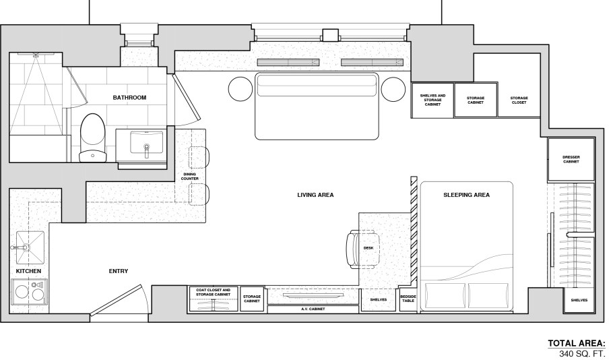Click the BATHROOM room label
click(129, 98)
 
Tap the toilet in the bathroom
click(93, 138)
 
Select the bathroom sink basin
click(147, 142)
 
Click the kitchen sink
click(30, 247)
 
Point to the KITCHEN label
click(28, 271)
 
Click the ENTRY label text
click(119, 271)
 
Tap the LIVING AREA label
click(315, 194)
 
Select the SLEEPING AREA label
click(466, 194)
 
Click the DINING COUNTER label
click(189, 177)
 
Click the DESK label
click(368, 248)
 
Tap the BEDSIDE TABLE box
click(408, 299)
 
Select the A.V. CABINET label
click(313, 309)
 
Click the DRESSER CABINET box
click(571, 160)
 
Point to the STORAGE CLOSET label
click(519, 100)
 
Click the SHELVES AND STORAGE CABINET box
click(432, 100)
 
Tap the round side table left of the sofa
click(240, 89)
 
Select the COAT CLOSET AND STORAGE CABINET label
click(214, 293)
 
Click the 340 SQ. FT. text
click(583, 354)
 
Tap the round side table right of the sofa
click(393, 89)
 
